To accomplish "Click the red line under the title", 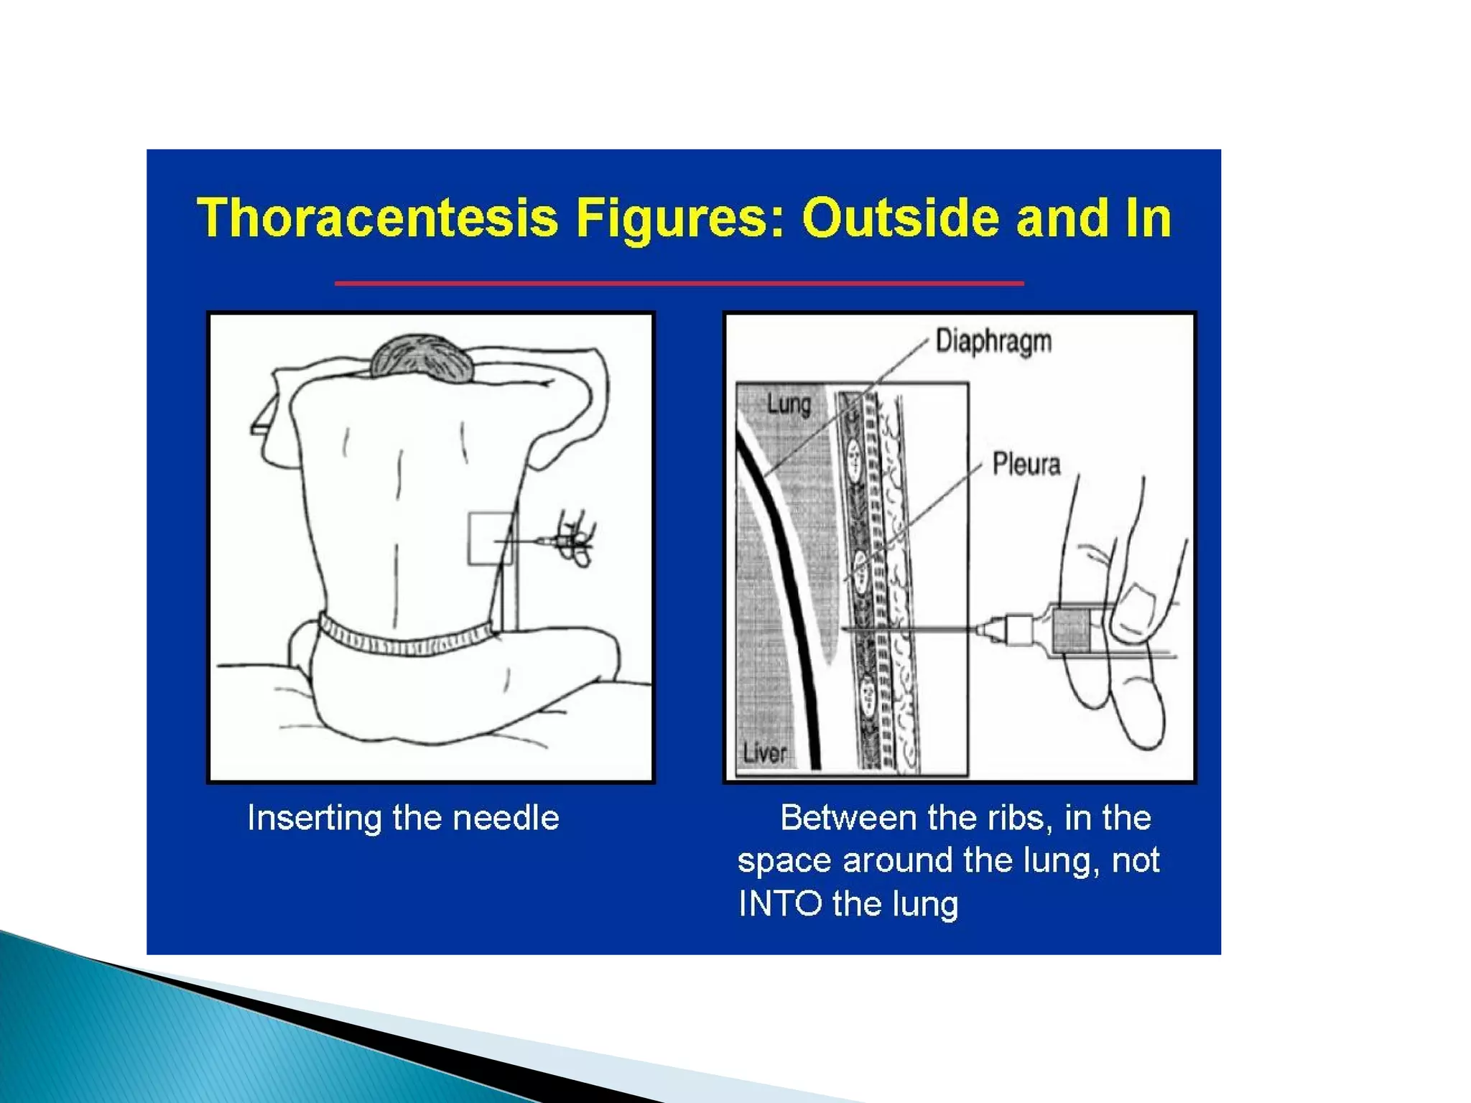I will point(679,284).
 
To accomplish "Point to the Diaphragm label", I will point(993,342).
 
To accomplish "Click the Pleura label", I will point(1026,464).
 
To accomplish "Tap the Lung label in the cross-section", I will point(789,404).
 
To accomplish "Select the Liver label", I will point(764,753).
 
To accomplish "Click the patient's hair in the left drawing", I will point(422,357).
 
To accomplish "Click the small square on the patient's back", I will point(491,538).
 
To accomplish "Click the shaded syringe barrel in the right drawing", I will point(1072,630).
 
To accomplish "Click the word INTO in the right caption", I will point(780,903).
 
